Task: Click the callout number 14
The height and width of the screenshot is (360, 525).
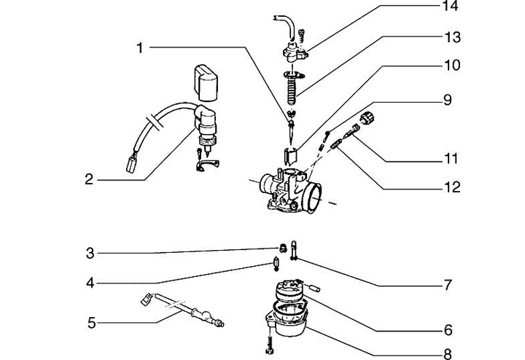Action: point(451,6)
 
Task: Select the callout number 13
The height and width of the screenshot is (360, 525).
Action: point(453,37)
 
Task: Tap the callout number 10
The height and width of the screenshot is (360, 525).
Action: point(452,65)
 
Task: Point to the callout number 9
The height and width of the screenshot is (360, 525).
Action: point(448,100)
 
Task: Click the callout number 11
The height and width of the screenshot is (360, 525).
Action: point(451,158)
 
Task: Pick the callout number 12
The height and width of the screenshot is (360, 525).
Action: point(452,187)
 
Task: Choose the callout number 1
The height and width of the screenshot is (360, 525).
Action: point(140,48)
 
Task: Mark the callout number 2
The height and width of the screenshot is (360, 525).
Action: point(89,180)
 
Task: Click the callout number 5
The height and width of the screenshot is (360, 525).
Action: point(91,323)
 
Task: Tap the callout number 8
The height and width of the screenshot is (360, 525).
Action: point(448,353)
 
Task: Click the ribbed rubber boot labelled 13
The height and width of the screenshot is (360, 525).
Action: point(292,87)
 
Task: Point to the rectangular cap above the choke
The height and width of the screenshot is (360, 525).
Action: point(206,83)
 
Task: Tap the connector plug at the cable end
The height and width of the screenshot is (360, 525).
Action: point(131,163)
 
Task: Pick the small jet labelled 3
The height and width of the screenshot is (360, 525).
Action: point(283,249)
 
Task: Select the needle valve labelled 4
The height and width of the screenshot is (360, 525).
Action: point(276,263)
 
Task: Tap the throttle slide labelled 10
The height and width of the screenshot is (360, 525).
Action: point(291,155)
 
